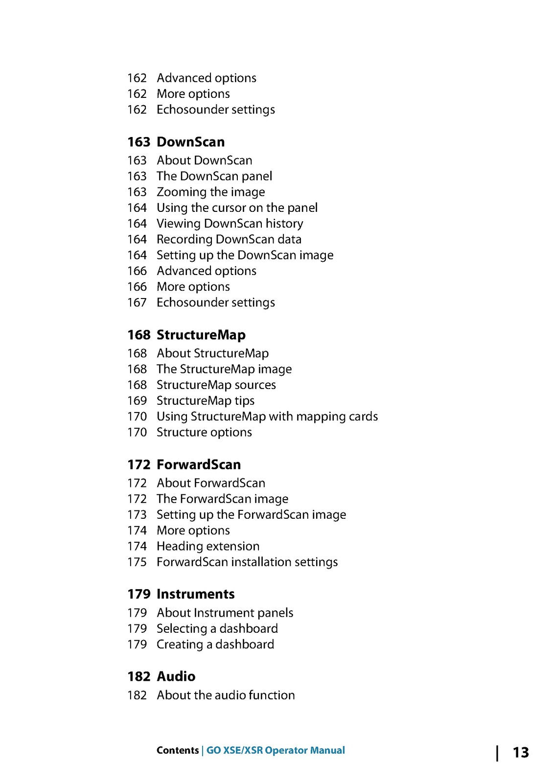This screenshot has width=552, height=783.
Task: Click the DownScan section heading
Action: [x=190, y=142]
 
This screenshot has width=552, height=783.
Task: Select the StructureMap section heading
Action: [x=201, y=335]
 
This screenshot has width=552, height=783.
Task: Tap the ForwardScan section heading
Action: [x=198, y=464]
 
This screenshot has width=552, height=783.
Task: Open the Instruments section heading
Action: [x=195, y=594]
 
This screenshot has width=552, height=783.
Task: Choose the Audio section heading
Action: [x=176, y=676]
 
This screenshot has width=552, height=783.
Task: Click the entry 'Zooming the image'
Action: [x=210, y=192]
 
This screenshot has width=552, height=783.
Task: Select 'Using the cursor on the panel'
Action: [x=237, y=207]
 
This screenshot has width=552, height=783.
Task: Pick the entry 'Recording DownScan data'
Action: [x=229, y=239]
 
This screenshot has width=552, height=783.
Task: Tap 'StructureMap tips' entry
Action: [x=205, y=400]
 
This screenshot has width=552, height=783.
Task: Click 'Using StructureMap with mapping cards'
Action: [x=267, y=416]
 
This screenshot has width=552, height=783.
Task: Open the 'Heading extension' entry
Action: [x=207, y=546]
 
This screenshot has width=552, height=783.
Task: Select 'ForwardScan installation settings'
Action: [x=247, y=562]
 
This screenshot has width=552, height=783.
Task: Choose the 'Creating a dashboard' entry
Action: [x=215, y=644]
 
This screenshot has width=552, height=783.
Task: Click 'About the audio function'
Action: [x=225, y=695]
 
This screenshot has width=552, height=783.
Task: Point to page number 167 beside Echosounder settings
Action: [x=137, y=302]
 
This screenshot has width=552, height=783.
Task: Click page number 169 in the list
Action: [x=137, y=400]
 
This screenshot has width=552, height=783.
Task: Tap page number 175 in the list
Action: [x=137, y=562]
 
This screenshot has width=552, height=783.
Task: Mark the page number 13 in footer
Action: [x=521, y=752]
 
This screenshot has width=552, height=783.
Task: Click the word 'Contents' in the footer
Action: [x=177, y=750]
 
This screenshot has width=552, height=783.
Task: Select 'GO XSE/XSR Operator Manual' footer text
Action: [x=276, y=750]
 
